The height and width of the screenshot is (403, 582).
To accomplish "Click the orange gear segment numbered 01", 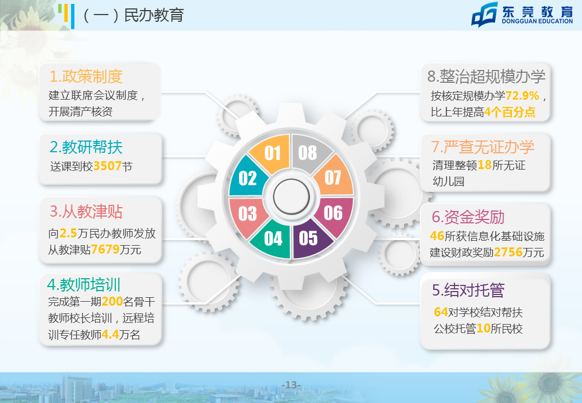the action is pos(272,153).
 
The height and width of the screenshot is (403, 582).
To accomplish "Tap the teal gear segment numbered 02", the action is pos(247,178).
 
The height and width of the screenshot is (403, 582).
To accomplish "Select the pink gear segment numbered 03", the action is pos(247,214).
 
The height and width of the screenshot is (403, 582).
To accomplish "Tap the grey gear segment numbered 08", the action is pos(308,153).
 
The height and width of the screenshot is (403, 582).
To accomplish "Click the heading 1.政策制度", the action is pos(86,77).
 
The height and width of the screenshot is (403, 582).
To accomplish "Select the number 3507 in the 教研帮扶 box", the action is pos(107,166).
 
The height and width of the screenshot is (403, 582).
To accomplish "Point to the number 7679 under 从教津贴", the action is pos(105,250).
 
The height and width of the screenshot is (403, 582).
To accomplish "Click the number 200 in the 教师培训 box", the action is pos(112,302).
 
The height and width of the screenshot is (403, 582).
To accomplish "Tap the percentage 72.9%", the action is pos(522,96).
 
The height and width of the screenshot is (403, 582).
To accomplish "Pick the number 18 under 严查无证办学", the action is pos(485,165).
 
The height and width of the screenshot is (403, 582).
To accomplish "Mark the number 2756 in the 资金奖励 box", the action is pos(508,252).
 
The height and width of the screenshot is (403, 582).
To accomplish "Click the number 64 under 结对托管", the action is pos(441,312).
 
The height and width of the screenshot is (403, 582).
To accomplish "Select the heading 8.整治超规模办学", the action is pos(486,77).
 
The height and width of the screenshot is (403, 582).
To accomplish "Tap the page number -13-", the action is pos(292,385).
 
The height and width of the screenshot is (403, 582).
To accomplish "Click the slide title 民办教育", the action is pos(154,15).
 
